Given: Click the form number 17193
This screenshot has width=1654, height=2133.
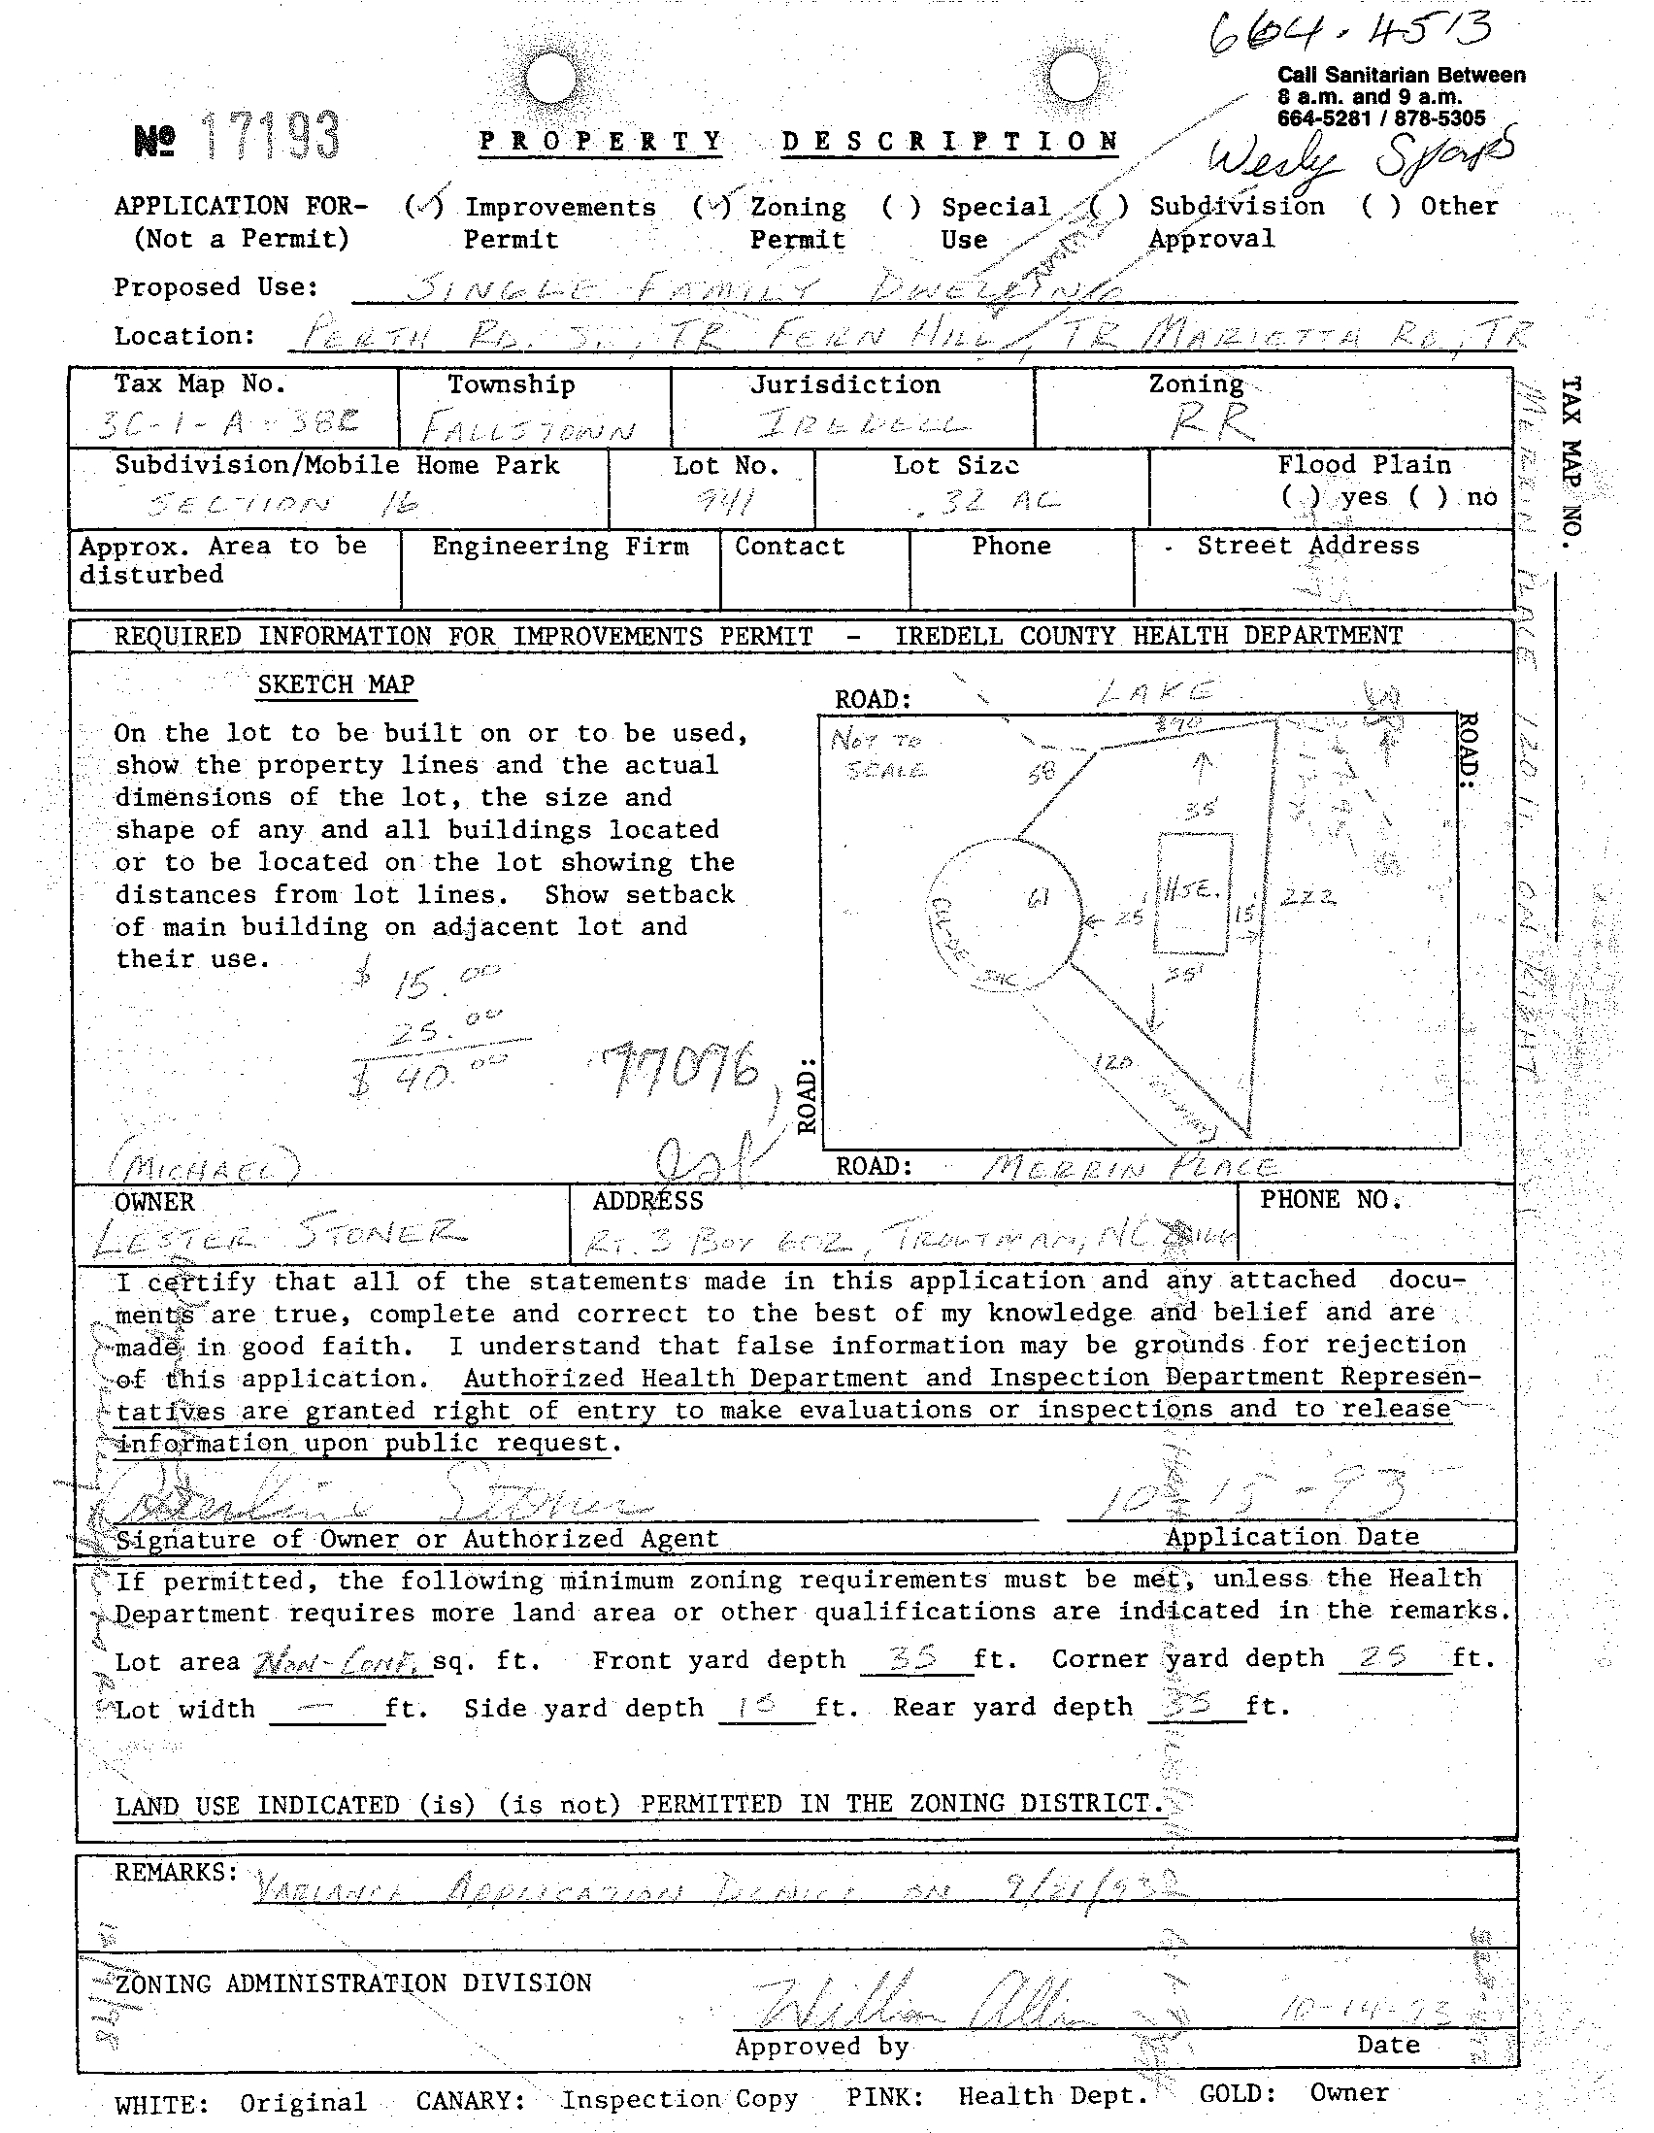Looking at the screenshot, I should pyautogui.click(x=271, y=137).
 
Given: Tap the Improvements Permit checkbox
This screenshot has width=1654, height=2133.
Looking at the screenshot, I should pyautogui.click(x=426, y=206).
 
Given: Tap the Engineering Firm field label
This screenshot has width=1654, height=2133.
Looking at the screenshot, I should pyautogui.click(x=559, y=546).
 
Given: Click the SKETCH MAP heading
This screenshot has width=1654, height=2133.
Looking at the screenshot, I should pyautogui.click(x=336, y=684).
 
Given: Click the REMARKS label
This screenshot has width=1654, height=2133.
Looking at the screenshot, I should pyautogui.click(x=176, y=1871).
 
